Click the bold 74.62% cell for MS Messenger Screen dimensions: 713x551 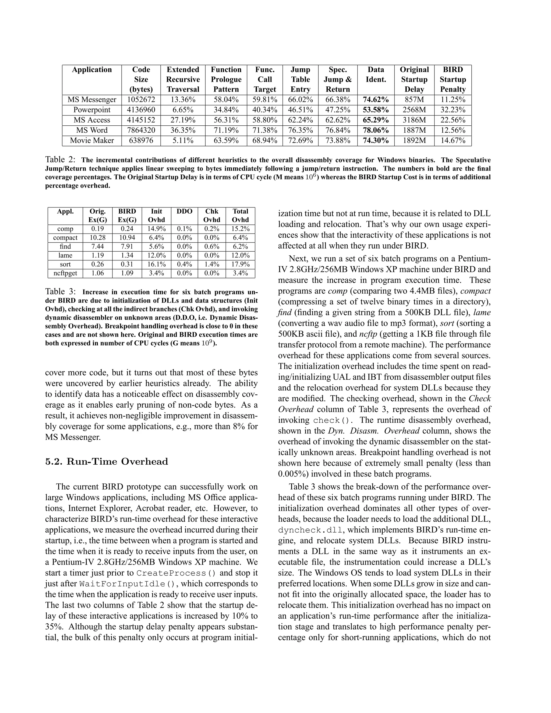coord(376,100)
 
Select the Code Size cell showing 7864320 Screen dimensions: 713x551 coord(141,130)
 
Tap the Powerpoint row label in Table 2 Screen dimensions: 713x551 coord(92,110)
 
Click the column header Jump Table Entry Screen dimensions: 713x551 coord(300,79)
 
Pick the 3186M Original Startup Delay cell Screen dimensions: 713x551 coord(414,120)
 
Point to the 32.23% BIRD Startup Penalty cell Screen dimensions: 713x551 coord(453,110)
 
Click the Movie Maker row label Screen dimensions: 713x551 coord(92,141)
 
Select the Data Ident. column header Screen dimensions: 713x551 coord(376,75)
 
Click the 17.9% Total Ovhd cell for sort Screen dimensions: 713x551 coord(240,264)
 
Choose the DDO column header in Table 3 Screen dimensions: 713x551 coord(184,211)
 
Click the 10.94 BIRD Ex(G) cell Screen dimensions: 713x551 coord(127,238)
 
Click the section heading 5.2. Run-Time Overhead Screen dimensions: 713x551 coord(107,462)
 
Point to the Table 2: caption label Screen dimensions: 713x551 coord(60,160)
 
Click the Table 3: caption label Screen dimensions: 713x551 coord(60,292)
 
